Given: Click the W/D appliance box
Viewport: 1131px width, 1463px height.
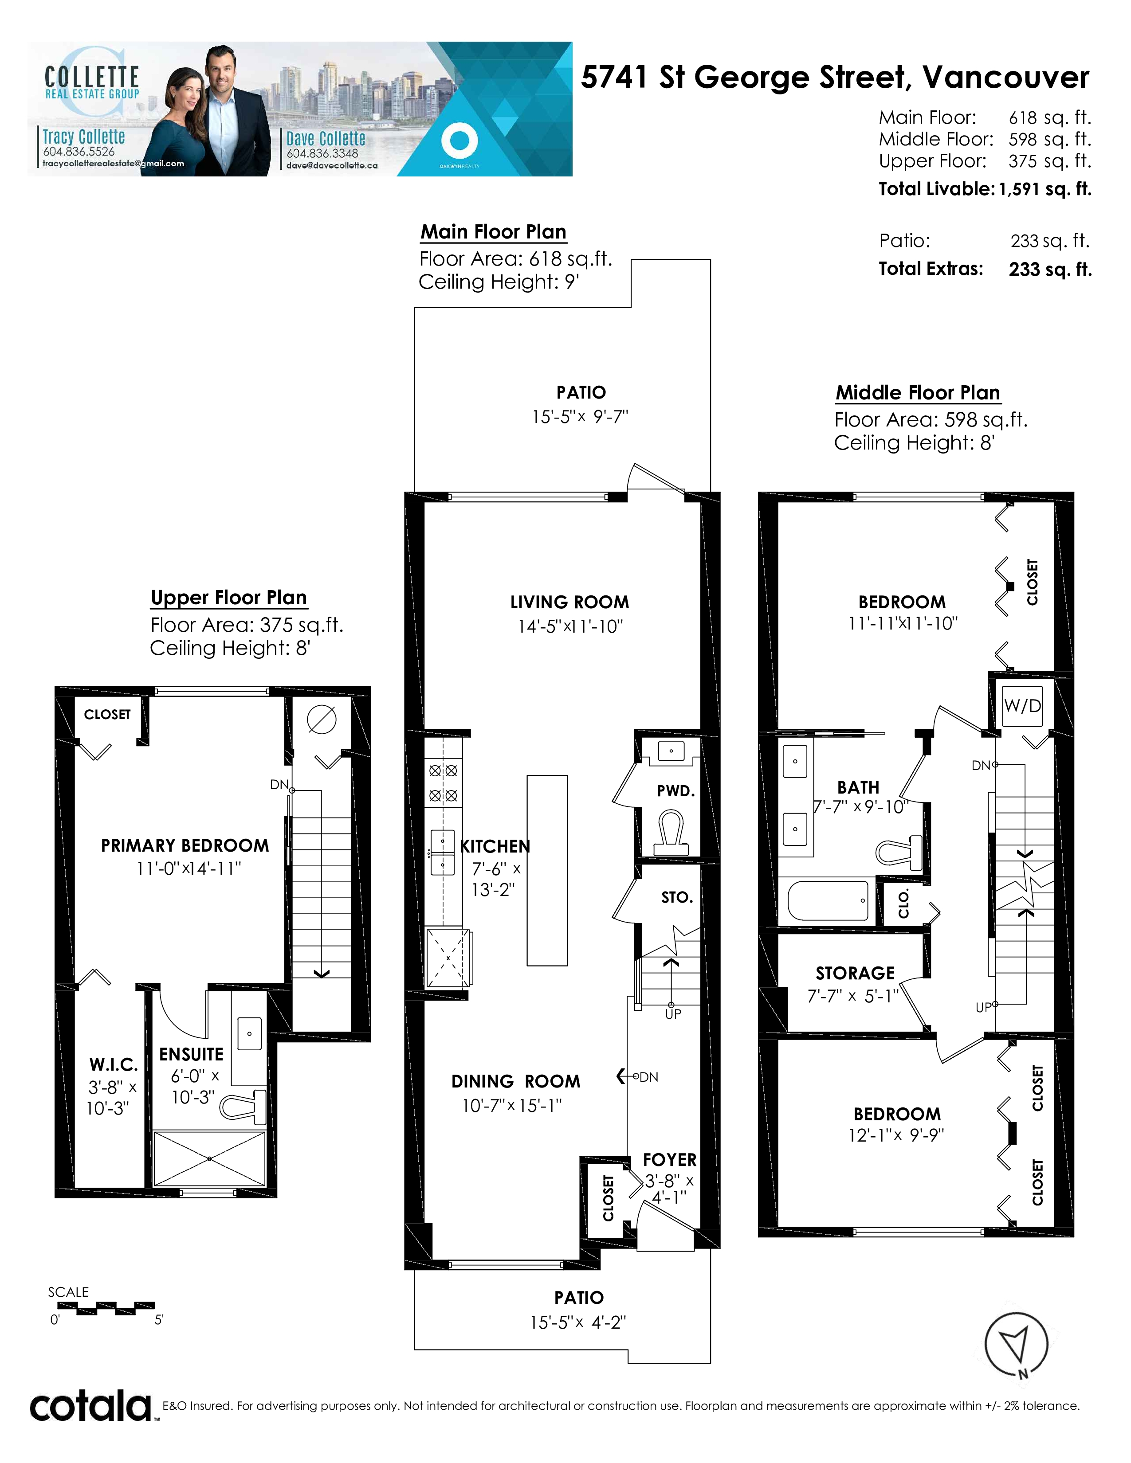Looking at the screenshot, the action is click(x=1022, y=706).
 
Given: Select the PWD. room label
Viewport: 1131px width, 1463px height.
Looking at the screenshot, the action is click(x=676, y=791).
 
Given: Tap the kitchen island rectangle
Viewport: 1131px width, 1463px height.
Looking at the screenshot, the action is click(x=547, y=870).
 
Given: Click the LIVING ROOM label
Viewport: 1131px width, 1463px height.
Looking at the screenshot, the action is click(x=569, y=602).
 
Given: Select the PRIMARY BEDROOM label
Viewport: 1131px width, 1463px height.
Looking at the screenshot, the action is click(x=185, y=845).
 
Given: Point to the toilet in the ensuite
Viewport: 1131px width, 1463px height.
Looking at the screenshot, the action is click(x=243, y=1107).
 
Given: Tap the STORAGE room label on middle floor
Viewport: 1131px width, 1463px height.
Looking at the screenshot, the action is click(x=855, y=973).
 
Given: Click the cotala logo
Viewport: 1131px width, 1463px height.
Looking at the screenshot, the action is click(x=90, y=1406).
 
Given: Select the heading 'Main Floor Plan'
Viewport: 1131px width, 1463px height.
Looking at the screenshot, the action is click(x=493, y=232).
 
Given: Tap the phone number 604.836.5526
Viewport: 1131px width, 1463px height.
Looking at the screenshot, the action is click(x=79, y=151).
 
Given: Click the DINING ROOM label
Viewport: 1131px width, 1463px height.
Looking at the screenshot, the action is click(x=516, y=1082).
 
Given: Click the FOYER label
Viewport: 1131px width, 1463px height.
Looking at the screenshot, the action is click(x=669, y=1160).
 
